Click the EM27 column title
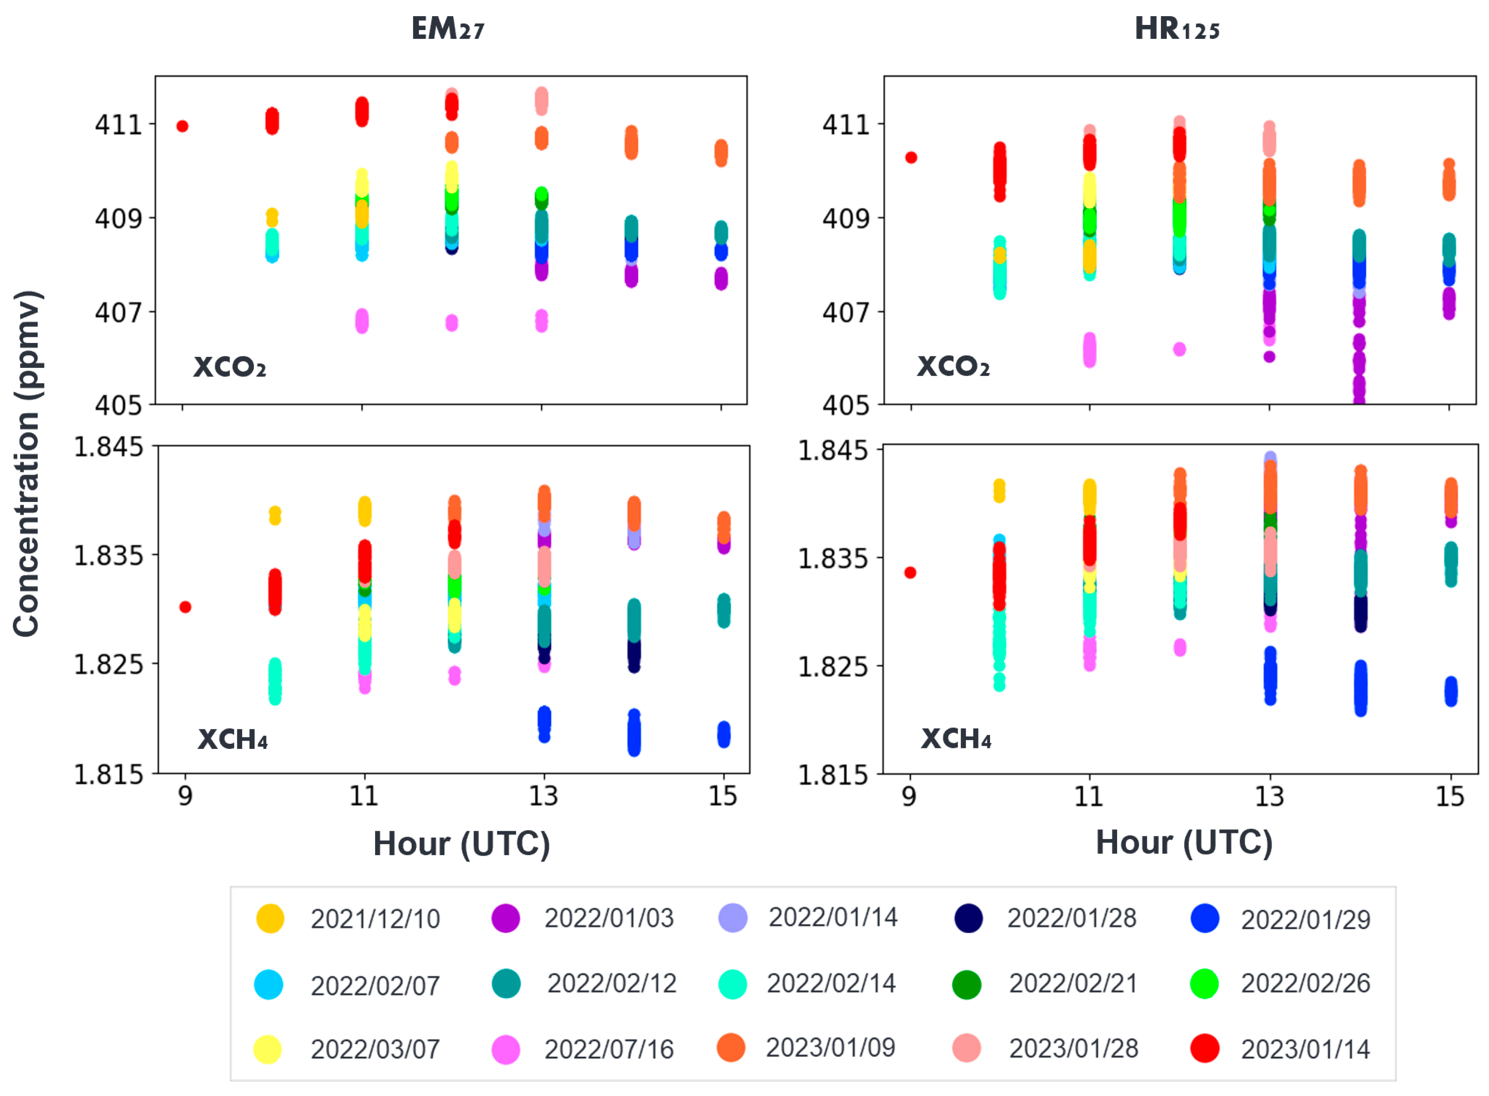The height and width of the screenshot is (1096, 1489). (448, 29)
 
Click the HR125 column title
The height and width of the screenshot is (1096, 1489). (1177, 29)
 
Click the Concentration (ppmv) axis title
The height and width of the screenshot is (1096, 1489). (28, 463)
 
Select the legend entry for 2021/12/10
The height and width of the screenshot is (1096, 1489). (348, 919)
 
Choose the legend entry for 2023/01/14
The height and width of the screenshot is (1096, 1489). (1280, 1049)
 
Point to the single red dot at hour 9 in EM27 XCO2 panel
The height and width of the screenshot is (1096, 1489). (182, 126)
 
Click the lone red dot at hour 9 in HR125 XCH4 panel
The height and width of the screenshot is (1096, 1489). (910, 573)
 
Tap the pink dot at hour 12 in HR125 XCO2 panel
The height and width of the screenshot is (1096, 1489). (1179, 349)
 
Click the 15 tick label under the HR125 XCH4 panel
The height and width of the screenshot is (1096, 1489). (1450, 796)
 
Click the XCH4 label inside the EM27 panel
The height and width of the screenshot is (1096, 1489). (233, 739)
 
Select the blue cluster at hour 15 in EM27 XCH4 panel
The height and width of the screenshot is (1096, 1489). (724, 735)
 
